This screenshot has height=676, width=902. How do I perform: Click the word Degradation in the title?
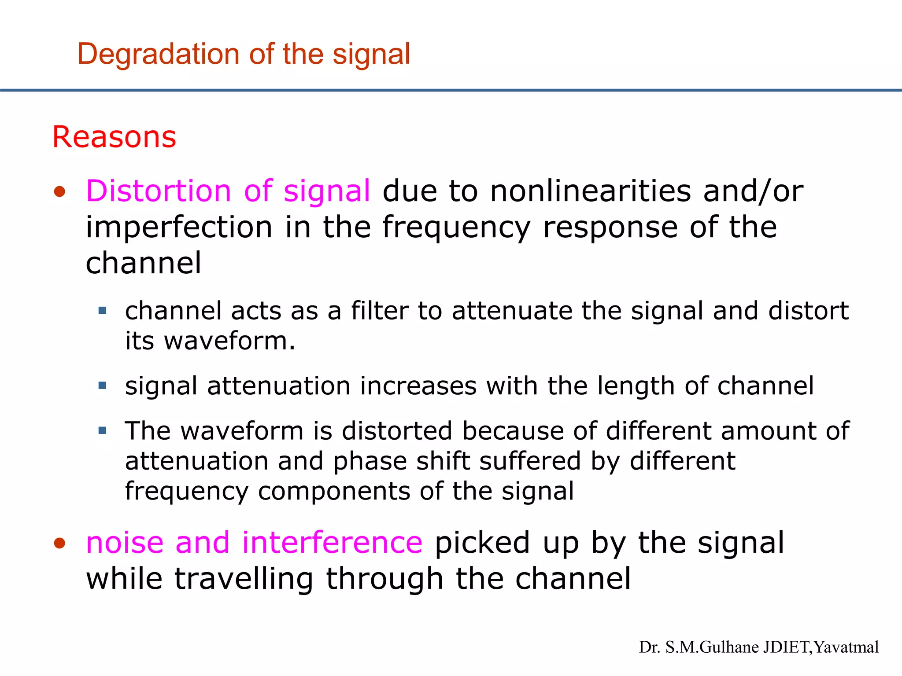pyautogui.click(x=159, y=55)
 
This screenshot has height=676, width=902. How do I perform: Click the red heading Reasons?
pyautogui.click(x=114, y=137)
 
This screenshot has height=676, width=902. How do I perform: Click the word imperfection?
pyautogui.click(x=179, y=228)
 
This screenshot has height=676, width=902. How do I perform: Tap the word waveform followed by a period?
pyautogui.click(x=229, y=341)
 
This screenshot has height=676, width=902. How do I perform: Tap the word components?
pyautogui.click(x=335, y=492)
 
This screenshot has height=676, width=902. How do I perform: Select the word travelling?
pyautogui.click(x=244, y=579)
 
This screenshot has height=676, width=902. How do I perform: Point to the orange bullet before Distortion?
pyautogui.click(x=59, y=192)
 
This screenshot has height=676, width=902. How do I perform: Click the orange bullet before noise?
pyautogui.click(x=59, y=543)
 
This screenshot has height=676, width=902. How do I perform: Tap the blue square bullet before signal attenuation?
pyautogui.click(x=103, y=386)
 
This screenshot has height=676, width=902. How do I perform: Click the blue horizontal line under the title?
pyautogui.click(x=451, y=90)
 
